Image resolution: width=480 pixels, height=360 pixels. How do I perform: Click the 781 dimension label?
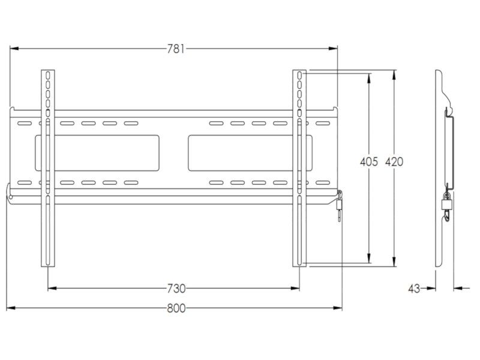pyautogui.click(x=175, y=49)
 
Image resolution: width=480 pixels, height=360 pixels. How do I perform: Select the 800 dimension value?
pyautogui.click(x=175, y=308)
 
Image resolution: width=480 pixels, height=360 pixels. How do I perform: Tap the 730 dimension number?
pyautogui.click(x=175, y=289)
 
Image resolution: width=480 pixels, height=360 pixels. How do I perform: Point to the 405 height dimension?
pyautogui.click(x=368, y=162)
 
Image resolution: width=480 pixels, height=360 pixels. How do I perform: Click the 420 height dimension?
pyautogui.click(x=394, y=162)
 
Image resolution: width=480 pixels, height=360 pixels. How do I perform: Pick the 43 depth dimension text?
pyautogui.click(x=414, y=289)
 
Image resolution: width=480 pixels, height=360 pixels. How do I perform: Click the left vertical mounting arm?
pyautogui.click(x=47, y=168)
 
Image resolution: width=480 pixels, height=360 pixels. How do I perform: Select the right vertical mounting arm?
pyautogui.click(x=300, y=168)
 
